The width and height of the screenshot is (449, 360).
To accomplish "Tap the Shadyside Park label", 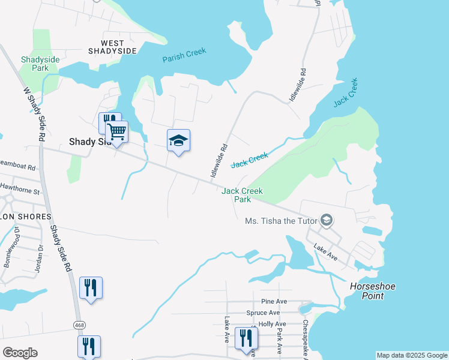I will click(35, 64).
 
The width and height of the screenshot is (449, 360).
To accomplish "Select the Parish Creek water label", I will click(184, 56).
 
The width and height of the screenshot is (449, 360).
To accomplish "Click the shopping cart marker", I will click(117, 131).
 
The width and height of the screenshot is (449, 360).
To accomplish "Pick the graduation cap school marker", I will click(178, 141).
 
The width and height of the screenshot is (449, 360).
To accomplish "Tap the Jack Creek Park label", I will click(242, 195).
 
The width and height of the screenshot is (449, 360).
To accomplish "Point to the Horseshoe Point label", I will click(373, 291).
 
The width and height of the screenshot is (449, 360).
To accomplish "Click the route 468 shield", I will click(79, 325).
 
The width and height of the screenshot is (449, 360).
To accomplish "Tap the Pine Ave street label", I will click(271, 301).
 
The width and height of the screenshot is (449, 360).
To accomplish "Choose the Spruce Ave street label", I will click(263, 313).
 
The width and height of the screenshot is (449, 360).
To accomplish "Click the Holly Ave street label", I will click(272, 324).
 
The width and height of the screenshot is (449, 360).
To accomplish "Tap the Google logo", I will click(20, 353).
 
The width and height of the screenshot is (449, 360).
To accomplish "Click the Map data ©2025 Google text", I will click(412, 355).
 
